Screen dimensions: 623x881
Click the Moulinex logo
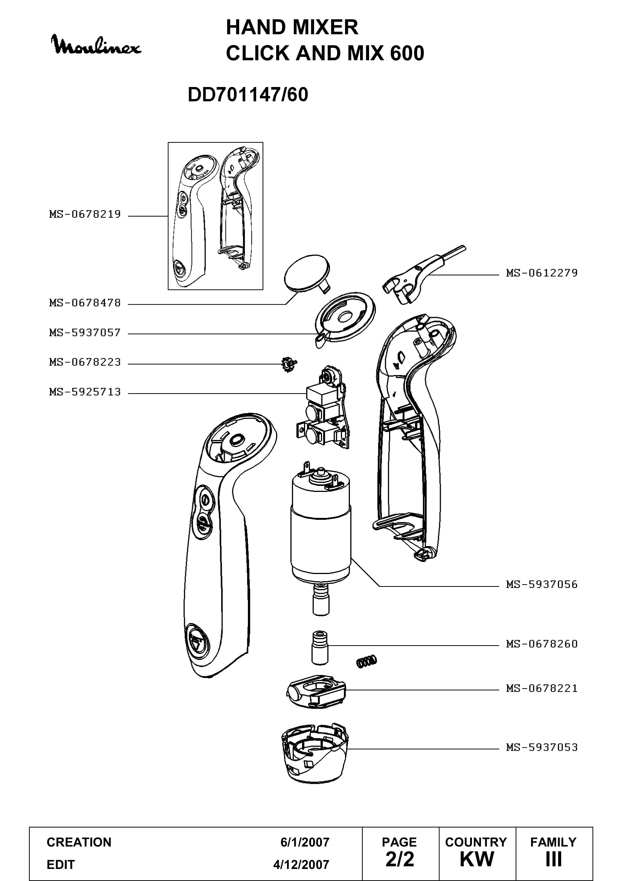coord(96,45)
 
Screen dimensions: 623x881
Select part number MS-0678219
coord(85,214)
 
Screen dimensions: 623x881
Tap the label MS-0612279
coord(542,273)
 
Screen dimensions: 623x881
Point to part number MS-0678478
coord(85,303)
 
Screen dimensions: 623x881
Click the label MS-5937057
coord(85,332)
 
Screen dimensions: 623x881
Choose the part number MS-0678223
coord(85,362)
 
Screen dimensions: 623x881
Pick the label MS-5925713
coord(85,392)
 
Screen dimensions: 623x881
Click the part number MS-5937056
coord(542,585)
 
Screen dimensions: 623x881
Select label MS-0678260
coord(542,643)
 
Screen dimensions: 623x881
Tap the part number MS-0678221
coord(542,688)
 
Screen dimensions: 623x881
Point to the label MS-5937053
coord(542,747)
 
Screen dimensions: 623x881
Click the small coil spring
coord(367,661)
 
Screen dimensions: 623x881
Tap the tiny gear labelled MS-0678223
coord(289,364)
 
